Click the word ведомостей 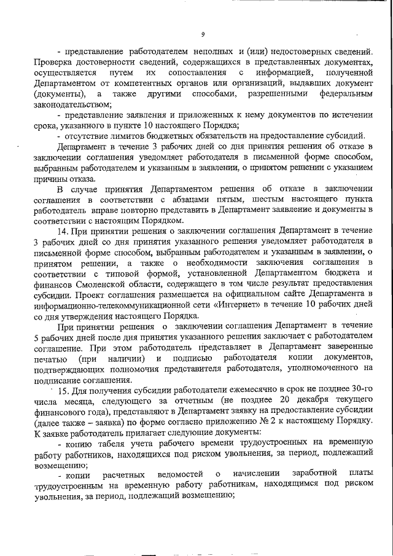point(179,475)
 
